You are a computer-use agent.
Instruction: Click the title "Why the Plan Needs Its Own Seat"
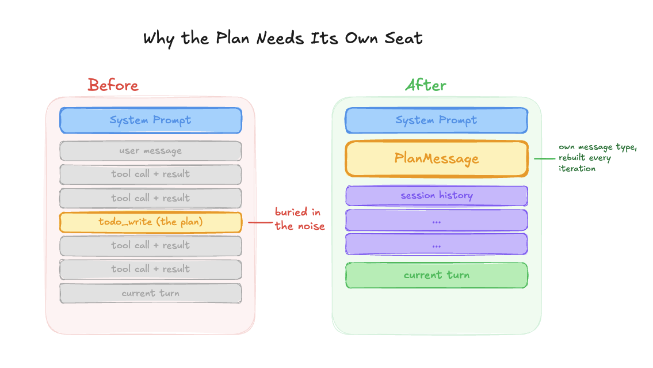point(282,39)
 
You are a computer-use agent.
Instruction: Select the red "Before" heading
point(113,85)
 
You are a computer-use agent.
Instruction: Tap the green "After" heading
point(426,85)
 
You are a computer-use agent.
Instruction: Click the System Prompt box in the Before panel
point(151,120)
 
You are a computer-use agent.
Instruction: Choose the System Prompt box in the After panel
point(436,120)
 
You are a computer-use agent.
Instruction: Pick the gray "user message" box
point(151,151)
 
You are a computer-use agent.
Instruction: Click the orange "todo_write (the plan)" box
point(151,222)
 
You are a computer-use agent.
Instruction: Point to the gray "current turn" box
point(151,293)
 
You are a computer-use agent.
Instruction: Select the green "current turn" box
point(436,275)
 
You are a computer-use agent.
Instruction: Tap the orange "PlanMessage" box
point(436,158)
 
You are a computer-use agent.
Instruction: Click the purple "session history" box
point(436,196)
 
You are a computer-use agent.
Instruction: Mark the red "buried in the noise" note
point(299,219)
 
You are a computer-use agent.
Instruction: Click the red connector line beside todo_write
point(258,222)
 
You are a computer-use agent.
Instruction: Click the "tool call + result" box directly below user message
point(151,174)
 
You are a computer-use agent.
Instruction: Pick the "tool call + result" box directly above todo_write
point(151,198)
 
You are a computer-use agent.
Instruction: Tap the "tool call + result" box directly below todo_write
point(151,245)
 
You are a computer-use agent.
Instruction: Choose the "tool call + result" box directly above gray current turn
point(151,269)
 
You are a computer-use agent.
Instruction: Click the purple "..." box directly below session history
point(436,221)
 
